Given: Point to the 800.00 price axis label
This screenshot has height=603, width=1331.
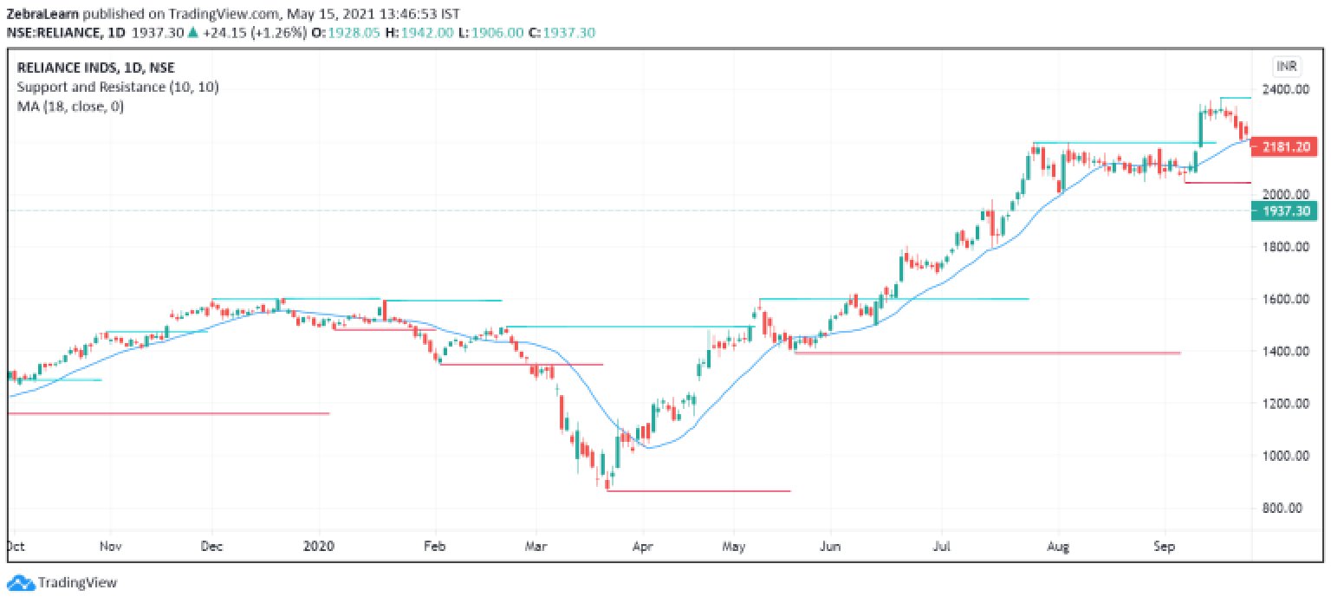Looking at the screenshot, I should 1284,508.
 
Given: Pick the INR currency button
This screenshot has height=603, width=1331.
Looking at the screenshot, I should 1285,67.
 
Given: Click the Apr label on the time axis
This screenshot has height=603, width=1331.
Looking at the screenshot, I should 642,547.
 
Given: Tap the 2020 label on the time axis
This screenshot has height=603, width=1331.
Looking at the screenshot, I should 320,547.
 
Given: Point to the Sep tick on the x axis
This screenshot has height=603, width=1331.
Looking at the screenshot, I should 1165,547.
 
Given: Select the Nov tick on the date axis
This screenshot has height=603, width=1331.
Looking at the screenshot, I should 110,547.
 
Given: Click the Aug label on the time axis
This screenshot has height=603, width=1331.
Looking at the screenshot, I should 1057,547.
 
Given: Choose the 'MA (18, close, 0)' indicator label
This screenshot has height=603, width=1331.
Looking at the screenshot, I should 71,107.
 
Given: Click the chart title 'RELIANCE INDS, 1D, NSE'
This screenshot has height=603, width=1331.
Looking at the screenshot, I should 94,68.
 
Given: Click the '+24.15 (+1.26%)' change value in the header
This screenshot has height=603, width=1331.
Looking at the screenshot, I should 248,32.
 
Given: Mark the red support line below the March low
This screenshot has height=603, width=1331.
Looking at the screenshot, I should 698,491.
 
